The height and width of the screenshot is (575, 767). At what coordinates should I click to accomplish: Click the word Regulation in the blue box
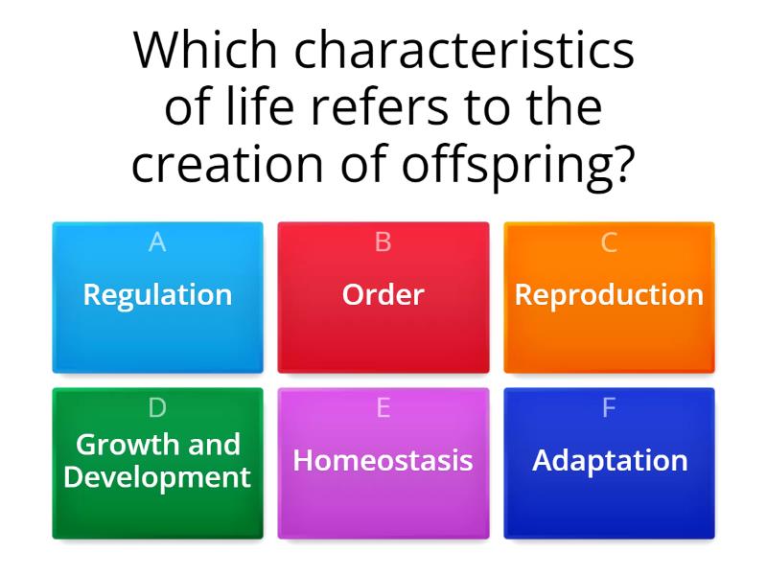(x=157, y=294)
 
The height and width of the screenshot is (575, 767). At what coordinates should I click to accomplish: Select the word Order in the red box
(x=383, y=294)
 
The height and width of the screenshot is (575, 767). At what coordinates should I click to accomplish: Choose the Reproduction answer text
(x=609, y=294)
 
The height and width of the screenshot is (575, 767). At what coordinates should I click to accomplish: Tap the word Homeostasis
(x=383, y=460)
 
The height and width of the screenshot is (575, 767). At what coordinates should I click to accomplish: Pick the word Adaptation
(x=610, y=460)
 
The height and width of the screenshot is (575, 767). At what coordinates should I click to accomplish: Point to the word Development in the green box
(x=157, y=476)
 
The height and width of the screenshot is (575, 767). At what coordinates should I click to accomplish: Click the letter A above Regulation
(x=157, y=243)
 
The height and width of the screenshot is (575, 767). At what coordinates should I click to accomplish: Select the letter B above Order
(x=383, y=243)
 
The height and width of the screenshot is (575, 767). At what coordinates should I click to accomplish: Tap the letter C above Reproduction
(x=609, y=243)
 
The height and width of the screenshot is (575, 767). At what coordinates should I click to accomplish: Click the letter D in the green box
(x=157, y=408)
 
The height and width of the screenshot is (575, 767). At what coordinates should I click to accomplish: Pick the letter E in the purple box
(x=383, y=408)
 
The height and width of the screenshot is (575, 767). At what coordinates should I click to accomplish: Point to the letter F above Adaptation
(x=609, y=408)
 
